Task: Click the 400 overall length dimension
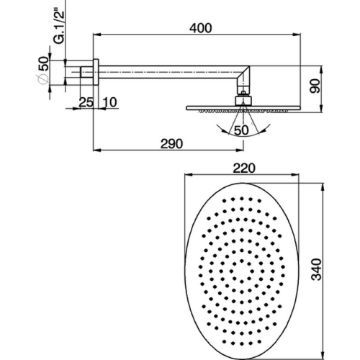(202, 27)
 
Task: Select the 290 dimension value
(170, 143)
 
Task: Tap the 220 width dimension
(246, 168)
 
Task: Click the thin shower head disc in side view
(241, 108)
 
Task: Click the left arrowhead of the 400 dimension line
(94, 34)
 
